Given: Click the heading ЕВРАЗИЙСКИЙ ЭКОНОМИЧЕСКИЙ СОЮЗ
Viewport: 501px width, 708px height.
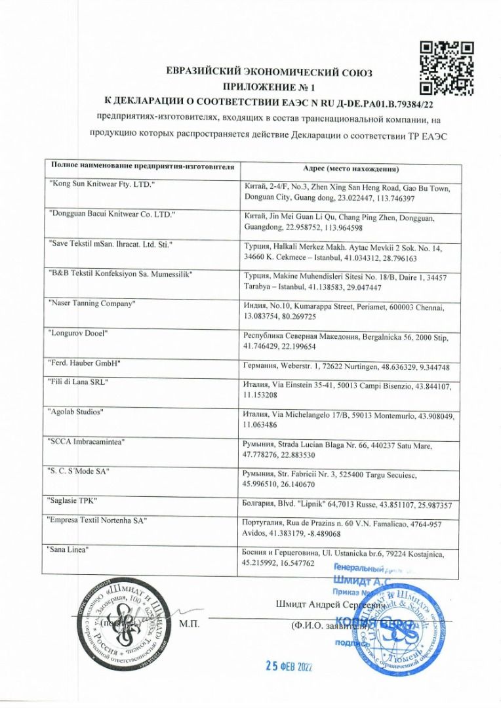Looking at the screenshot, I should tap(273, 72).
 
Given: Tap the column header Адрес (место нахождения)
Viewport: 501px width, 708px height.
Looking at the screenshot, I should tap(352, 168).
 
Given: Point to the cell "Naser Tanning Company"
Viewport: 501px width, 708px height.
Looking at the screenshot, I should tap(92, 304).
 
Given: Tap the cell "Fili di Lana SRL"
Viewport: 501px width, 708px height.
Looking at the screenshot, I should tap(78, 382).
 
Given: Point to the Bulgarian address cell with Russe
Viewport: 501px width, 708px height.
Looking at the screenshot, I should tap(346, 505).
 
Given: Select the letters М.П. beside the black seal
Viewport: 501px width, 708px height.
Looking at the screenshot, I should tap(190, 623).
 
